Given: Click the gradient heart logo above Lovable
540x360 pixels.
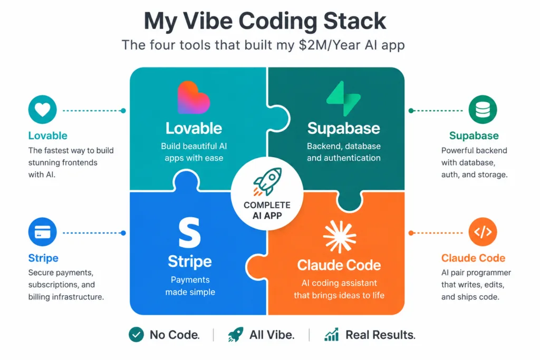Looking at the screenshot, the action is (x=194, y=98).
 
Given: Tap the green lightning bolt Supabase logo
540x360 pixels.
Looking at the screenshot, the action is (x=343, y=99).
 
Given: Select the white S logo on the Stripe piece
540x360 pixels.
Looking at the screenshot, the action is (x=189, y=232).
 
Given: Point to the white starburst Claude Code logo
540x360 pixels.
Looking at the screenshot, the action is (x=340, y=237).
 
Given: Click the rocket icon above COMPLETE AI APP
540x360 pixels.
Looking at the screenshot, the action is (x=267, y=181).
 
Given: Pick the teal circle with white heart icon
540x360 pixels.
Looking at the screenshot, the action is (x=42, y=110).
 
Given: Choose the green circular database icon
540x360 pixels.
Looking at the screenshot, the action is (x=483, y=110).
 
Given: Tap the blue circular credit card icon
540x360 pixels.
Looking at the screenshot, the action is (x=42, y=231).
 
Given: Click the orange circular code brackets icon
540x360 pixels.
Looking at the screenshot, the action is (x=483, y=231).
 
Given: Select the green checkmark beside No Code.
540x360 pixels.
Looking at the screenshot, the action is (x=137, y=335).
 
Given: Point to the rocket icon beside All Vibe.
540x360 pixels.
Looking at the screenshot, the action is (x=236, y=335).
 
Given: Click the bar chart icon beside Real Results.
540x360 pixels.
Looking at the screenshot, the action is (x=332, y=335).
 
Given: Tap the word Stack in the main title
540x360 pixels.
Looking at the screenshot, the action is (x=355, y=21).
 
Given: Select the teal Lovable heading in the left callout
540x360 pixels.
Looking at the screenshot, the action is (x=48, y=135).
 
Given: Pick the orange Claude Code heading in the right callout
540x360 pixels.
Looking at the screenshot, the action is (x=473, y=258).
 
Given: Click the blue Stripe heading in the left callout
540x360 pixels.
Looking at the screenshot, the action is (x=43, y=258).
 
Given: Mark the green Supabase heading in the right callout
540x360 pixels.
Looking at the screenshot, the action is (x=474, y=135).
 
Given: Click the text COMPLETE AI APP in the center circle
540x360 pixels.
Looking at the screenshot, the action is (x=267, y=210).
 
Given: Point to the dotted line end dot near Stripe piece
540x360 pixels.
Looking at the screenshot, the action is (x=123, y=233).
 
